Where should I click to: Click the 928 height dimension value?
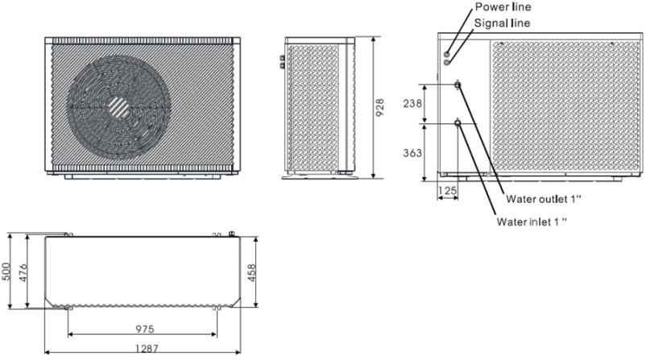(x=380, y=107)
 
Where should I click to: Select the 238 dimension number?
(x=412, y=103)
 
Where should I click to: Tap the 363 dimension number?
(x=412, y=153)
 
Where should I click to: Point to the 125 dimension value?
(x=447, y=190)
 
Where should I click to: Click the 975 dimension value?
(x=145, y=329)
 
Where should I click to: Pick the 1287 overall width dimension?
(x=147, y=349)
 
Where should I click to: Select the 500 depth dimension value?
(x=6, y=271)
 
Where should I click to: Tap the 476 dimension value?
(x=23, y=273)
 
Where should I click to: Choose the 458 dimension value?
(x=251, y=273)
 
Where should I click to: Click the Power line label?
(x=503, y=7)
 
